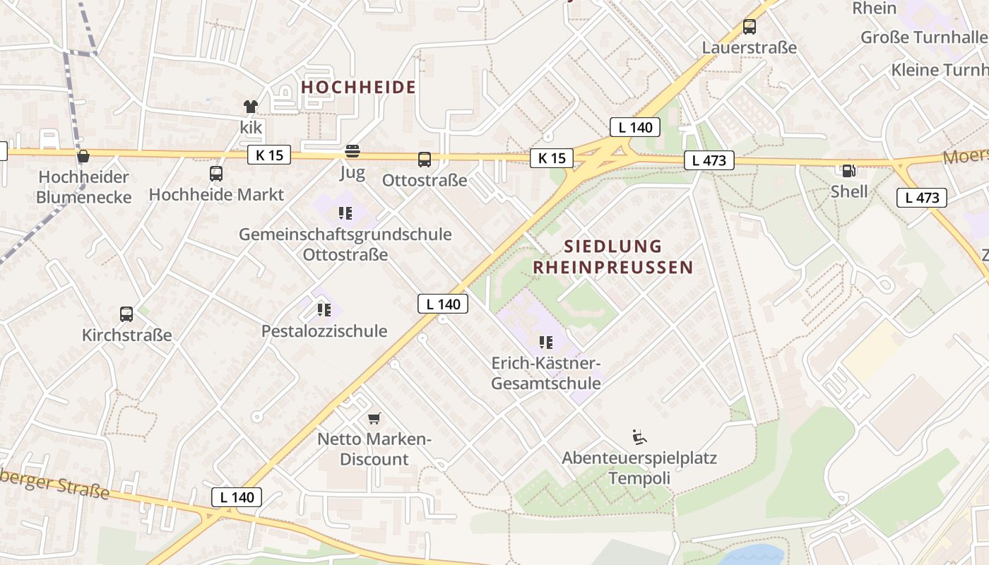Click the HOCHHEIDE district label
pyautogui.click(x=358, y=88)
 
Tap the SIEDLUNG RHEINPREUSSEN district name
pyautogui.click(x=612, y=256)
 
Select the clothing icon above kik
pyautogui.click(x=251, y=107)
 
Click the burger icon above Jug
pyautogui.click(x=352, y=151)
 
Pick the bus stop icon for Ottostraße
pyautogui.click(x=424, y=160)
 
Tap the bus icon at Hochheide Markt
pyautogui.click(x=216, y=174)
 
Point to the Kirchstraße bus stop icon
pyautogui.click(x=126, y=314)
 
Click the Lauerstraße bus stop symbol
pyautogui.click(x=749, y=28)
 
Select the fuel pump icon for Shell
pyautogui.click(x=848, y=170)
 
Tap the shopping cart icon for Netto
pyautogui.click(x=374, y=418)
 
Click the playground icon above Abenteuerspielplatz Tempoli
pyautogui.click(x=639, y=437)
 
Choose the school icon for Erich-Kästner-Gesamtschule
pyautogui.click(x=546, y=343)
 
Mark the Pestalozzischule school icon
pyautogui.click(x=324, y=310)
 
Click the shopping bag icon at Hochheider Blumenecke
pyautogui.click(x=83, y=156)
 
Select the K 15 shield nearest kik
pyautogui.click(x=269, y=155)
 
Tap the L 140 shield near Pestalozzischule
pyautogui.click(x=443, y=304)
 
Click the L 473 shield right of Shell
pyautogui.click(x=921, y=198)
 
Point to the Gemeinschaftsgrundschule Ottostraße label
pyautogui.click(x=345, y=244)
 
